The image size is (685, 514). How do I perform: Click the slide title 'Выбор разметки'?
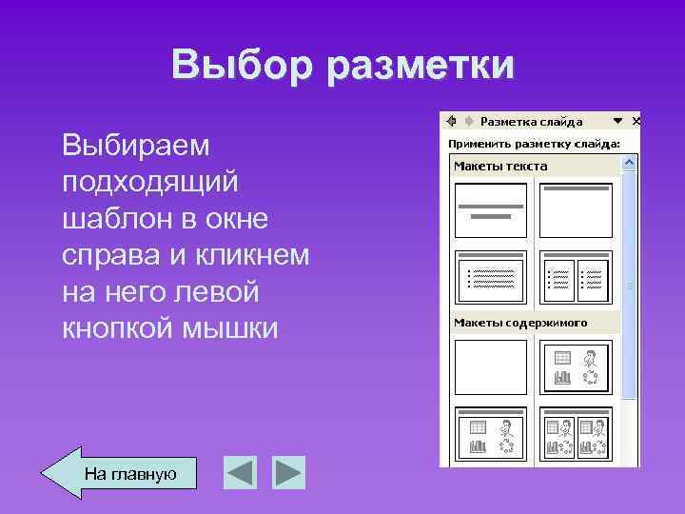[x=342, y=65]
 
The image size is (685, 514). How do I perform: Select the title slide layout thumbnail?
[x=490, y=209]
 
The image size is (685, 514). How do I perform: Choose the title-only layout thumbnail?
[x=575, y=209]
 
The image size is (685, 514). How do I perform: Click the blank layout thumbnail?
[x=490, y=366]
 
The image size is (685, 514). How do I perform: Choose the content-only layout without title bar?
[x=575, y=366]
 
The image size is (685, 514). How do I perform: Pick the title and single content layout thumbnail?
[x=490, y=435]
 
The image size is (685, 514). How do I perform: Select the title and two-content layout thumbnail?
[x=575, y=435]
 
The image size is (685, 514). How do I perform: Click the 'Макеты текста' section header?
[x=500, y=166]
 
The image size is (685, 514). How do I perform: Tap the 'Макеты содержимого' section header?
[x=520, y=323]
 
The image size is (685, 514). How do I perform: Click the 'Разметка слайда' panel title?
[x=531, y=122]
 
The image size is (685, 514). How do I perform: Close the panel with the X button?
[x=636, y=122]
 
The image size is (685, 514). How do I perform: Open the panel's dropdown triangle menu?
[x=617, y=122]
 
